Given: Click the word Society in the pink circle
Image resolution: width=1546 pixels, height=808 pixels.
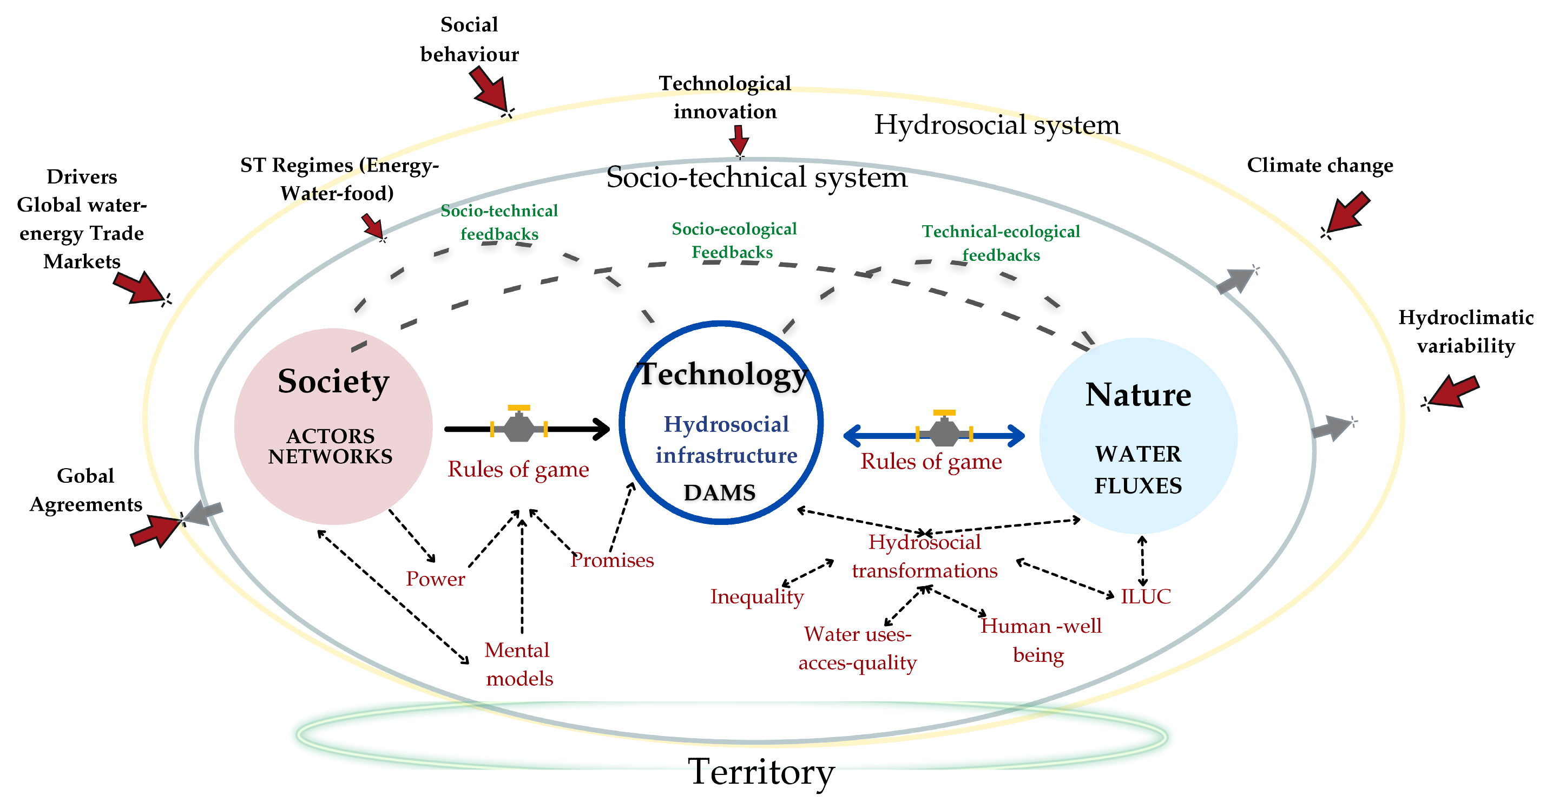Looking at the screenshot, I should (333, 382).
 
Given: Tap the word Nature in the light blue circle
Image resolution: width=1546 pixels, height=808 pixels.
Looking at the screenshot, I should (1138, 395).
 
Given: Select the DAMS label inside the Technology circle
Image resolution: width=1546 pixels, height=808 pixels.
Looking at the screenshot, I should (720, 493).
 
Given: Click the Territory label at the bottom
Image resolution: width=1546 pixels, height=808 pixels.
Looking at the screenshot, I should (761, 772).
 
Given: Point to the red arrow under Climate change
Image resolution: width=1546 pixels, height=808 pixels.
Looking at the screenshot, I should (1347, 213).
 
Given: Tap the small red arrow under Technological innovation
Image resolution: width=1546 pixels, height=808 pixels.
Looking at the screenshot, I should (739, 140).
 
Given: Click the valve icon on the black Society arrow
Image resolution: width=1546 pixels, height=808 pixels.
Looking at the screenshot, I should (518, 424).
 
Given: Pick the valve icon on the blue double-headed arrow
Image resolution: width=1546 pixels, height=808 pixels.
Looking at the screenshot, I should (944, 430).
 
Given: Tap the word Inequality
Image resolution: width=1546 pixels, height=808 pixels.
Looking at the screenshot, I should (757, 597).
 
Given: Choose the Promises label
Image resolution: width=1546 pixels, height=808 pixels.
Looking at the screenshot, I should (611, 560).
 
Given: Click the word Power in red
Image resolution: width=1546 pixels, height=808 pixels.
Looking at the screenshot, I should (435, 579).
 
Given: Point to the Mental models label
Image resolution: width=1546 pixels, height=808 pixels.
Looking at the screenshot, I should (518, 664).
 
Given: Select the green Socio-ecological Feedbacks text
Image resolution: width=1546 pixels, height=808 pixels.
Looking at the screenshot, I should (733, 240).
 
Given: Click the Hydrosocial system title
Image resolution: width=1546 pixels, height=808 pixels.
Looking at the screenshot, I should (996, 125).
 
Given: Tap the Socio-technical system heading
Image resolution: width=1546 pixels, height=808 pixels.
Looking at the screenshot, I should (756, 178).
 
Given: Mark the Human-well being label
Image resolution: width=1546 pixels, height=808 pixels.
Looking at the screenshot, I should (1041, 640).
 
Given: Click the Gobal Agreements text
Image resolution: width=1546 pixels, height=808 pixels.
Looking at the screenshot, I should (86, 490).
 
